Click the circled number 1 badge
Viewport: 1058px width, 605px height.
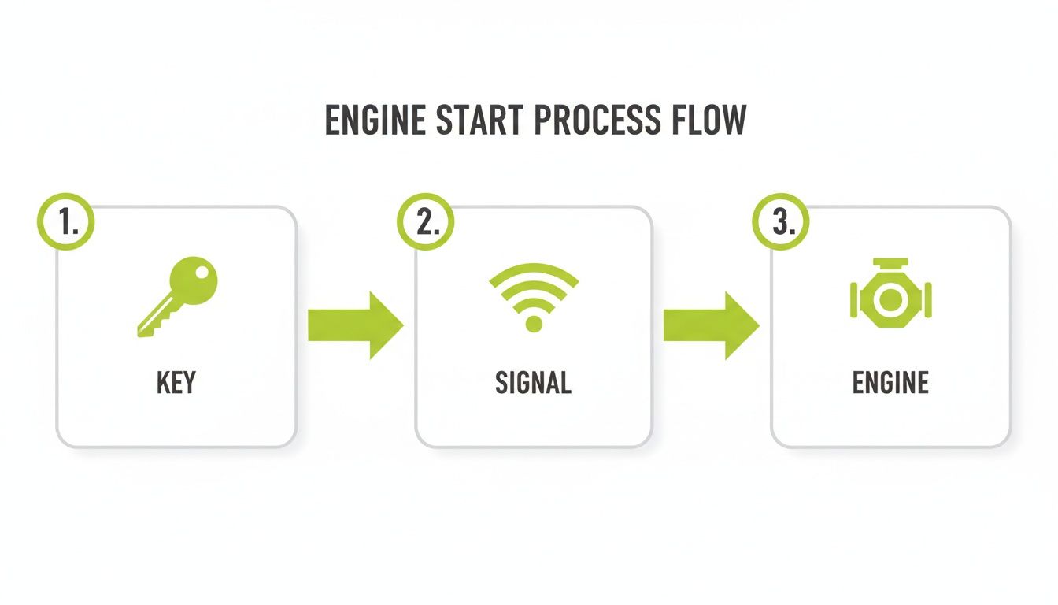65,222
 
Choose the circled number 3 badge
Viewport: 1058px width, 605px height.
781,222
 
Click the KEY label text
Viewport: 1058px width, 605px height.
176,383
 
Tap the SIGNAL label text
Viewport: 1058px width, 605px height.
533,383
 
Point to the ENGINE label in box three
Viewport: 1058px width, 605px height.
890,383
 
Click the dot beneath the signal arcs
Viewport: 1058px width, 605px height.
534,323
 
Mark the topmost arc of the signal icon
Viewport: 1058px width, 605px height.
534,270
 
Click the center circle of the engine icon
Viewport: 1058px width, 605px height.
890,299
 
